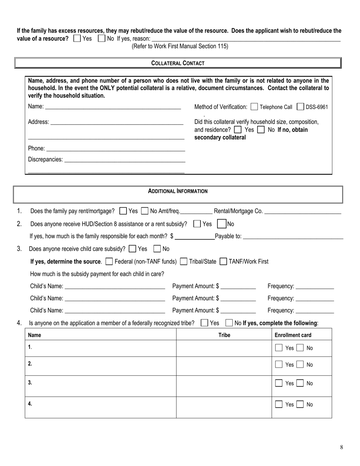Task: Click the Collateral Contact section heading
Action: [x=178, y=63]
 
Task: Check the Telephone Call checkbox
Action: [x=254, y=107]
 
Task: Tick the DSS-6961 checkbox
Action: [x=300, y=107]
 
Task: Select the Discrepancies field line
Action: [x=125, y=160]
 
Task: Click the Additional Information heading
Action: [x=178, y=191]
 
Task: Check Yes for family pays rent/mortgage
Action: [x=123, y=211]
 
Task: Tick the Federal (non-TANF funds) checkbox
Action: [x=109, y=261]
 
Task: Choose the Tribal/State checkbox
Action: [x=183, y=261]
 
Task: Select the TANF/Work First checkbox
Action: [x=224, y=261]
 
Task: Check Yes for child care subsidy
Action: [x=133, y=249]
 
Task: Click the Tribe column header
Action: [x=224, y=335]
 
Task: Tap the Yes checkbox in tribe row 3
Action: [x=279, y=383]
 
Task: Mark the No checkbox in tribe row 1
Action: [x=300, y=348]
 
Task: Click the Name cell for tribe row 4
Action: [x=100, y=407]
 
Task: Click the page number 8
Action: [x=341, y=447]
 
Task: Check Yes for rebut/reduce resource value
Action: [x=77, y=38]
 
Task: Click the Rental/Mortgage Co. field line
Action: [x=302, y=211]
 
